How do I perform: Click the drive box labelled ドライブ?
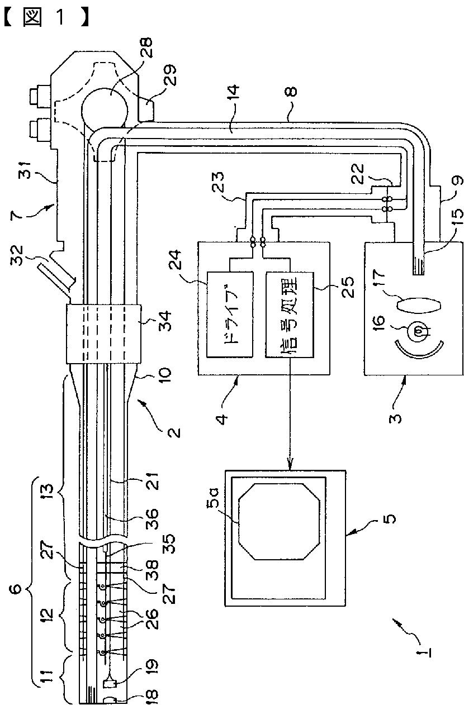[x=230, y=315]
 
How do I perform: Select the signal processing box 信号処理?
[x=290, y=315]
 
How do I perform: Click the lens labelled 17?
[x=419, y=305]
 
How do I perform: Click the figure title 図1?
[x=46, y=18]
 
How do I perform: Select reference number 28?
[x=145, y=48]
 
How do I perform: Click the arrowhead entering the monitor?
[x=290, y=464]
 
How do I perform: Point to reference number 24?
[x=174, y=260]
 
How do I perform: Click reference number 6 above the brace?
[x=18, y=589]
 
